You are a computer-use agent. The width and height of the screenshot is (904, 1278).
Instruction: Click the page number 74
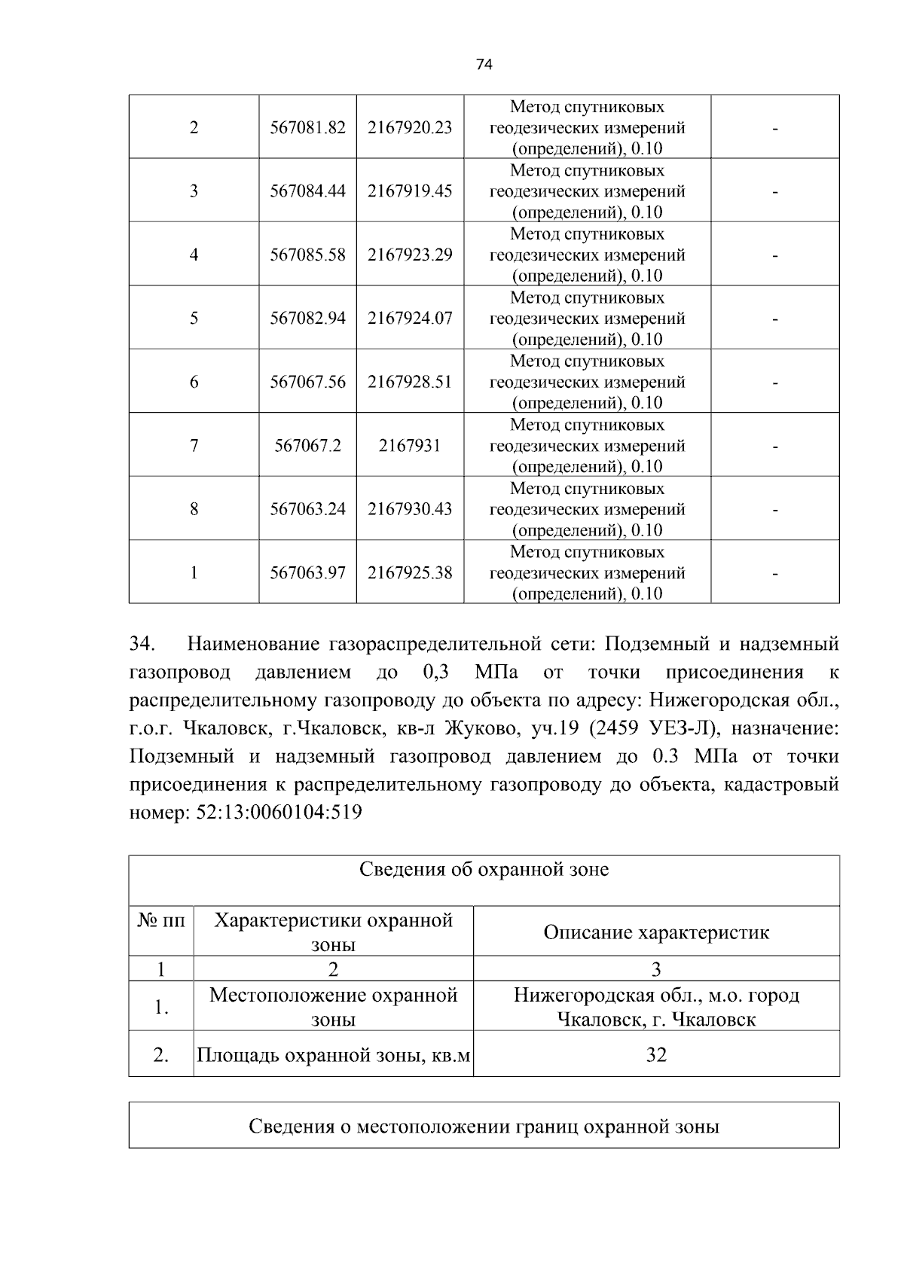(x=484, y=65)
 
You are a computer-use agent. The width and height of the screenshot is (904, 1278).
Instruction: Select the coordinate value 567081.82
(x=307, y=128)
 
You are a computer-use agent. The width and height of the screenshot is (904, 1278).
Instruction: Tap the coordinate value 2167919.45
(x=410, y=191)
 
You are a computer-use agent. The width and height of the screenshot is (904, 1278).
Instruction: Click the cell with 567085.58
(x=307, y=255)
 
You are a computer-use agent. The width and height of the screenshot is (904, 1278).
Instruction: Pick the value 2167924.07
(x=410, y=319)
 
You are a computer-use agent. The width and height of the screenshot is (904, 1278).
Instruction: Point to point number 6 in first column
(x=194, y=383)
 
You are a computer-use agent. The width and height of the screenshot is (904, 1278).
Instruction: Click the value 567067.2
(x=307, y=446)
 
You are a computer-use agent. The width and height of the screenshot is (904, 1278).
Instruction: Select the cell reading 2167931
(x=410, y=446)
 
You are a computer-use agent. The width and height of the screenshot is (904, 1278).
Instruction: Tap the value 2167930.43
(x=410, y=509)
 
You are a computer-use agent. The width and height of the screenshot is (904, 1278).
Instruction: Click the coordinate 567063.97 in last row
(x=307, y=573)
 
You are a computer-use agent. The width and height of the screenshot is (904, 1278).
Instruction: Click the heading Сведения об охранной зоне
(x=484, y=870)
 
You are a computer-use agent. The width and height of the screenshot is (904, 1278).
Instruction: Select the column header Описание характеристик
(x=656, y=933)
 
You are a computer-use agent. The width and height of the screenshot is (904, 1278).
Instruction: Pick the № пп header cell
(x=161, y=921)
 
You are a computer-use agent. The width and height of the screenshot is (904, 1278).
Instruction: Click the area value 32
(x=656, y=1055)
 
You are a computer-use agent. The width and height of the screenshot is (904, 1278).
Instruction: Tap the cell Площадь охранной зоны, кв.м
(x=333, y=1055)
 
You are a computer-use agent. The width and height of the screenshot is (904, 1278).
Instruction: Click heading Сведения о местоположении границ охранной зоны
(x=484, y=1127)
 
